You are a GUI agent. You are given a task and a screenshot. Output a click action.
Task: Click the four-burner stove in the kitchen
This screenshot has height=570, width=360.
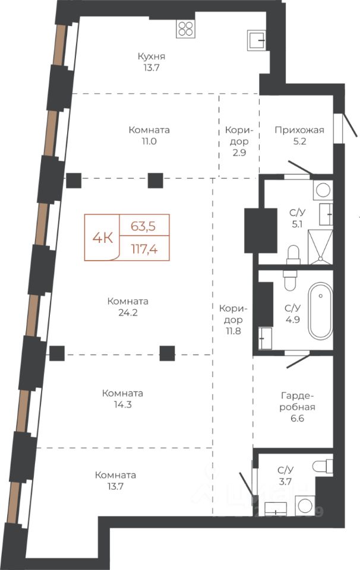185,28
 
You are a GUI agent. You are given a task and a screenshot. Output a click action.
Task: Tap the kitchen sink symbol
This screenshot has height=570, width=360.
256,40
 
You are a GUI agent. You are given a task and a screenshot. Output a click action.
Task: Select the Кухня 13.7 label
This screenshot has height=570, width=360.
151,62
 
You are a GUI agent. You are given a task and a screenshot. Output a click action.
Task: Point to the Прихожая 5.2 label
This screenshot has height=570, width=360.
299,135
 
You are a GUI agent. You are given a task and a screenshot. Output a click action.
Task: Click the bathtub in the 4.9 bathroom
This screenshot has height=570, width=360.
320,311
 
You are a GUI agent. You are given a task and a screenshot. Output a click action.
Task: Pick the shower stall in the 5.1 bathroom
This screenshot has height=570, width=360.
320,247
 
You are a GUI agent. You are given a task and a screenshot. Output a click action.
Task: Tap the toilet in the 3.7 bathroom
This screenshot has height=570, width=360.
323,467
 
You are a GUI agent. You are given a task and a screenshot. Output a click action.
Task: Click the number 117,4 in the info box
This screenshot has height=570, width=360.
144,249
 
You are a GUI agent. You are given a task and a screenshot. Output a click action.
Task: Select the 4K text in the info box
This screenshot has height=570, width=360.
103,238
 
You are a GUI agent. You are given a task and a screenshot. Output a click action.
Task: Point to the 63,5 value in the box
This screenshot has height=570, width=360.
143,226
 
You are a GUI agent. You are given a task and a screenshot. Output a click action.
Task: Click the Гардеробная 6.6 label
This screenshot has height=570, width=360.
297,407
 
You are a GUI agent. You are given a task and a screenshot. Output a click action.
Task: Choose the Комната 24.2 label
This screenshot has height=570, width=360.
128,307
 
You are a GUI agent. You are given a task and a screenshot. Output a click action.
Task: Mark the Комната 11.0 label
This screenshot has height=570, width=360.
149,135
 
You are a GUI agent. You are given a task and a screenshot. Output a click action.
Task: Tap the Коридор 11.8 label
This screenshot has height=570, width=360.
233,319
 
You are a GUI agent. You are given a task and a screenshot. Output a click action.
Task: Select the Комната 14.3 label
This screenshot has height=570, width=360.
122,399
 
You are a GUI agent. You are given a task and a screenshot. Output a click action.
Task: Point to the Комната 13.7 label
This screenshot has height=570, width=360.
115,480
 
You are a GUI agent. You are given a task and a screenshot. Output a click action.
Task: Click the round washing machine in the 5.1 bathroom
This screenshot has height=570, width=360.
323,190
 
